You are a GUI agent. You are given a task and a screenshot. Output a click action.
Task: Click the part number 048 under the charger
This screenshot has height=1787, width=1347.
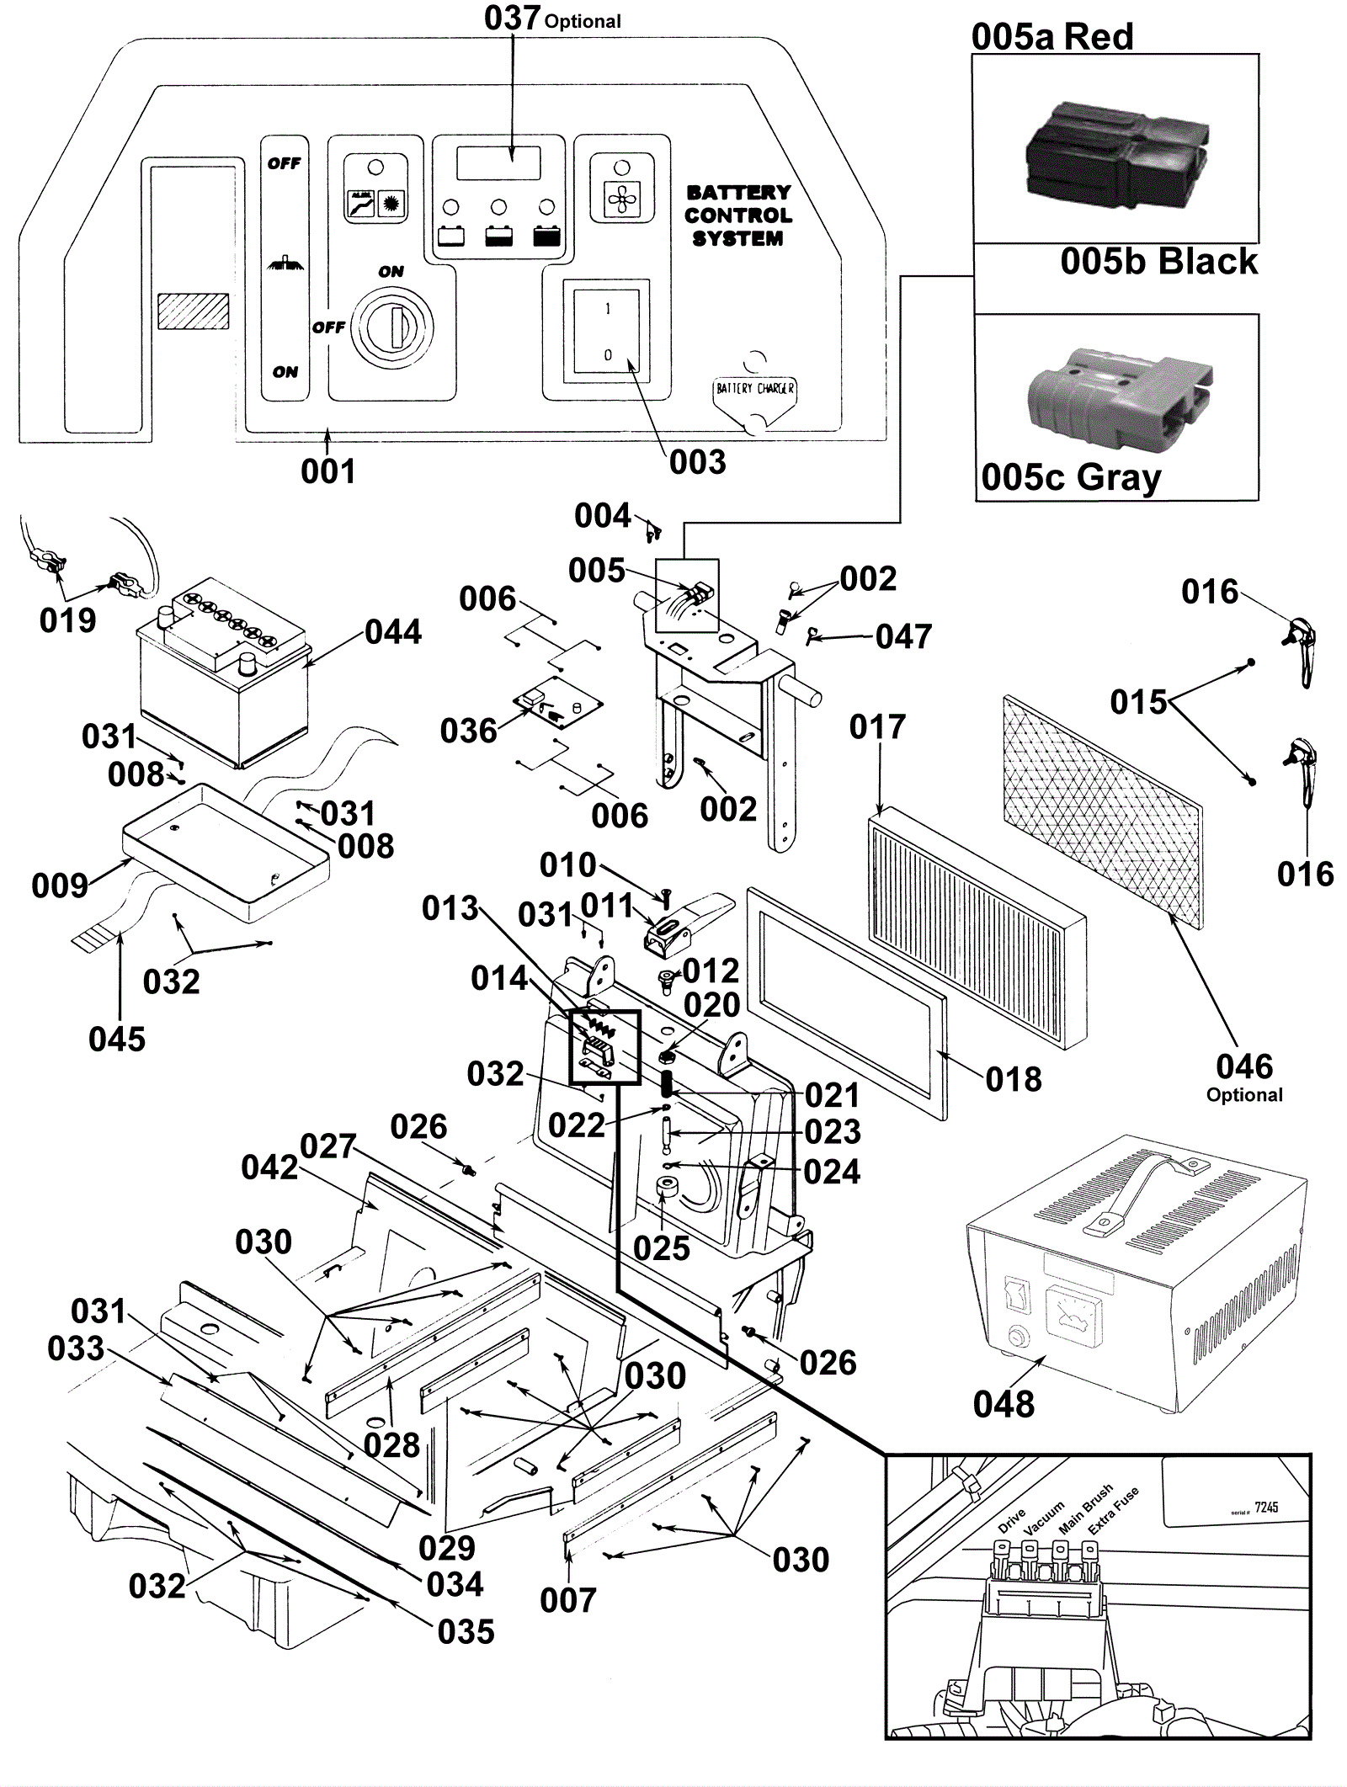[1003, 1404]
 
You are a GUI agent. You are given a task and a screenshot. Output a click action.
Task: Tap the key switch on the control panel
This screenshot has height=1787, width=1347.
[392, 325]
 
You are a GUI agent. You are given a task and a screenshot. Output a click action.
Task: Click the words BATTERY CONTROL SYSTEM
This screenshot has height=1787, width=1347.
[737, 215]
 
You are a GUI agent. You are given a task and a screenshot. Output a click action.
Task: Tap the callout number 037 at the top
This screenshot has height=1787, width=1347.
[512, 18]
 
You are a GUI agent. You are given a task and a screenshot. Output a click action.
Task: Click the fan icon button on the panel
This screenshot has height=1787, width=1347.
[622, 199]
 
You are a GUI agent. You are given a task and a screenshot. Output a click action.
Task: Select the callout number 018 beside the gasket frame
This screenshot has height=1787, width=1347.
[1013, 1079]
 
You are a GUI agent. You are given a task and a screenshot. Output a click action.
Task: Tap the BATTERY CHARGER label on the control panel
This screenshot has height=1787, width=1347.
[754, 389]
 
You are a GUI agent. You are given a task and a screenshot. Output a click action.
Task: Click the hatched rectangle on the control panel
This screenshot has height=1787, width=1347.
[194, 311]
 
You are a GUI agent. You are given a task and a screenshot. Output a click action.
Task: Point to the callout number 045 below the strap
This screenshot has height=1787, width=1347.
[117, 1040]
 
